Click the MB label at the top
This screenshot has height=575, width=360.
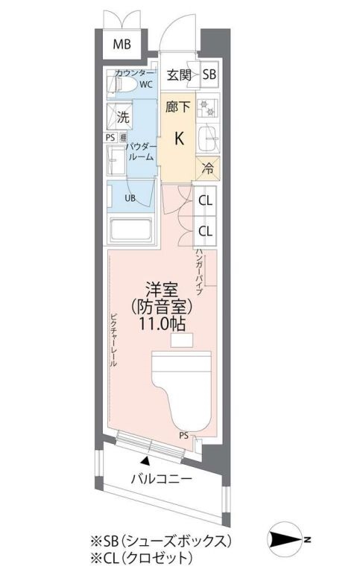pos(121,45)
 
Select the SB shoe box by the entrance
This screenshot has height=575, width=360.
pos(209,74)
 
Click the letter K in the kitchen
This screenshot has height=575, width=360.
pos(180,138)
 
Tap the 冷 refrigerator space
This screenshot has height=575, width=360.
pos(209,168)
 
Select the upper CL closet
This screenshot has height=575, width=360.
pos(206,200)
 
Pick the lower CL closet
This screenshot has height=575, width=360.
pos(206,231)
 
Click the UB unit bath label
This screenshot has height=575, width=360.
pos(130,198)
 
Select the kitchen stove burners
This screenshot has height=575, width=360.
pos(209,107)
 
